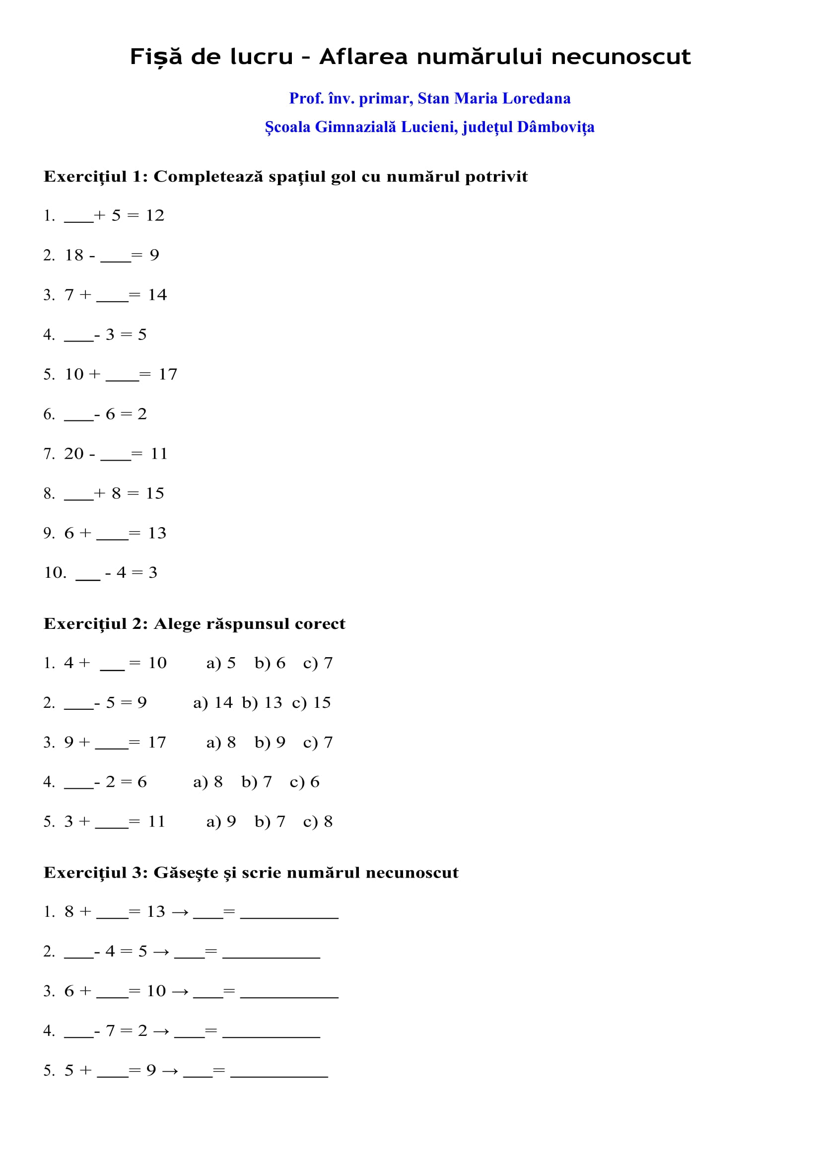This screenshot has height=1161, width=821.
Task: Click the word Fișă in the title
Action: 156,57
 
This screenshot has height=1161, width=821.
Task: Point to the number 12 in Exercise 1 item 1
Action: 155,216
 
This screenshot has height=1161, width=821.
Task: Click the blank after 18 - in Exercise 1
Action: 116,259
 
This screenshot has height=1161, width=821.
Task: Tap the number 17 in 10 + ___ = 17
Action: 168,375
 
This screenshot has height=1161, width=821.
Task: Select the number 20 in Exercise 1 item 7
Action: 74,454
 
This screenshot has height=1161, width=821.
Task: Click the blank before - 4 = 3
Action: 88,577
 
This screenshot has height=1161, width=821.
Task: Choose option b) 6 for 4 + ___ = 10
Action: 270,664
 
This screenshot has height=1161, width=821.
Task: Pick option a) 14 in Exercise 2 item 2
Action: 213,703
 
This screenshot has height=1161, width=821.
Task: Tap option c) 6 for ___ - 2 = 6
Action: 304,782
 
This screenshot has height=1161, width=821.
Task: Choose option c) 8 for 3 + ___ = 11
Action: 318,821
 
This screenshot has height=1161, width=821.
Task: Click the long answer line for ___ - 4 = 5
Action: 272,956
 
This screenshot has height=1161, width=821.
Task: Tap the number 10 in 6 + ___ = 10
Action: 156,992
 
